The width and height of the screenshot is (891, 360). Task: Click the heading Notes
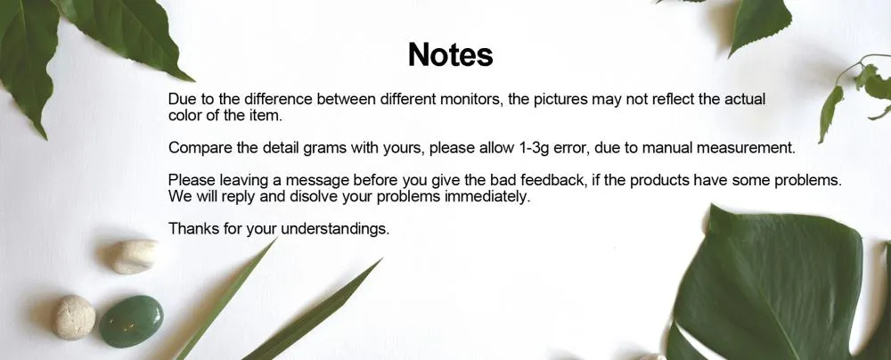450,54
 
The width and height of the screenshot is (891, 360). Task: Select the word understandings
335,230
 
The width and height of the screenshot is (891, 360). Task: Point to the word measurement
746,148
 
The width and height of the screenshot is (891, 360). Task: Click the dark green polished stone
131,322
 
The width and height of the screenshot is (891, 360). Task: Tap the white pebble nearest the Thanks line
135,257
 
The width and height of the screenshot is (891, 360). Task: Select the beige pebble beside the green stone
75,317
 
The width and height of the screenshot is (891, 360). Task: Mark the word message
316,181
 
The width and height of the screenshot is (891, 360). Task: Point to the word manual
672,148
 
